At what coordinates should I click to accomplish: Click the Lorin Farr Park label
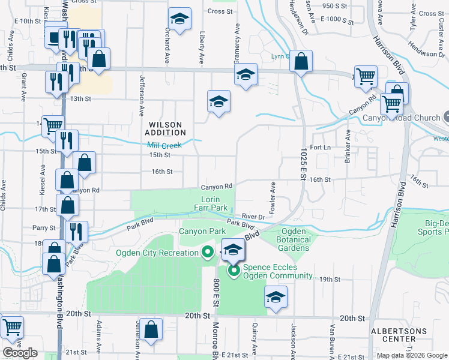214,203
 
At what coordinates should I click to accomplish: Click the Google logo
20,353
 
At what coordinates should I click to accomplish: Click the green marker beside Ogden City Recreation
208,253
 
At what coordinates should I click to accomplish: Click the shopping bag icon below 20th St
152,329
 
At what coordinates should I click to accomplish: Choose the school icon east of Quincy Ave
276,297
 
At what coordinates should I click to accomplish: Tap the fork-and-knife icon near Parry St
76,231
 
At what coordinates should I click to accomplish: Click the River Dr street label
254,216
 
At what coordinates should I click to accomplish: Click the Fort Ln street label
321,147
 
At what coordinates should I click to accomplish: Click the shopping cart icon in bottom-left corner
11,327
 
